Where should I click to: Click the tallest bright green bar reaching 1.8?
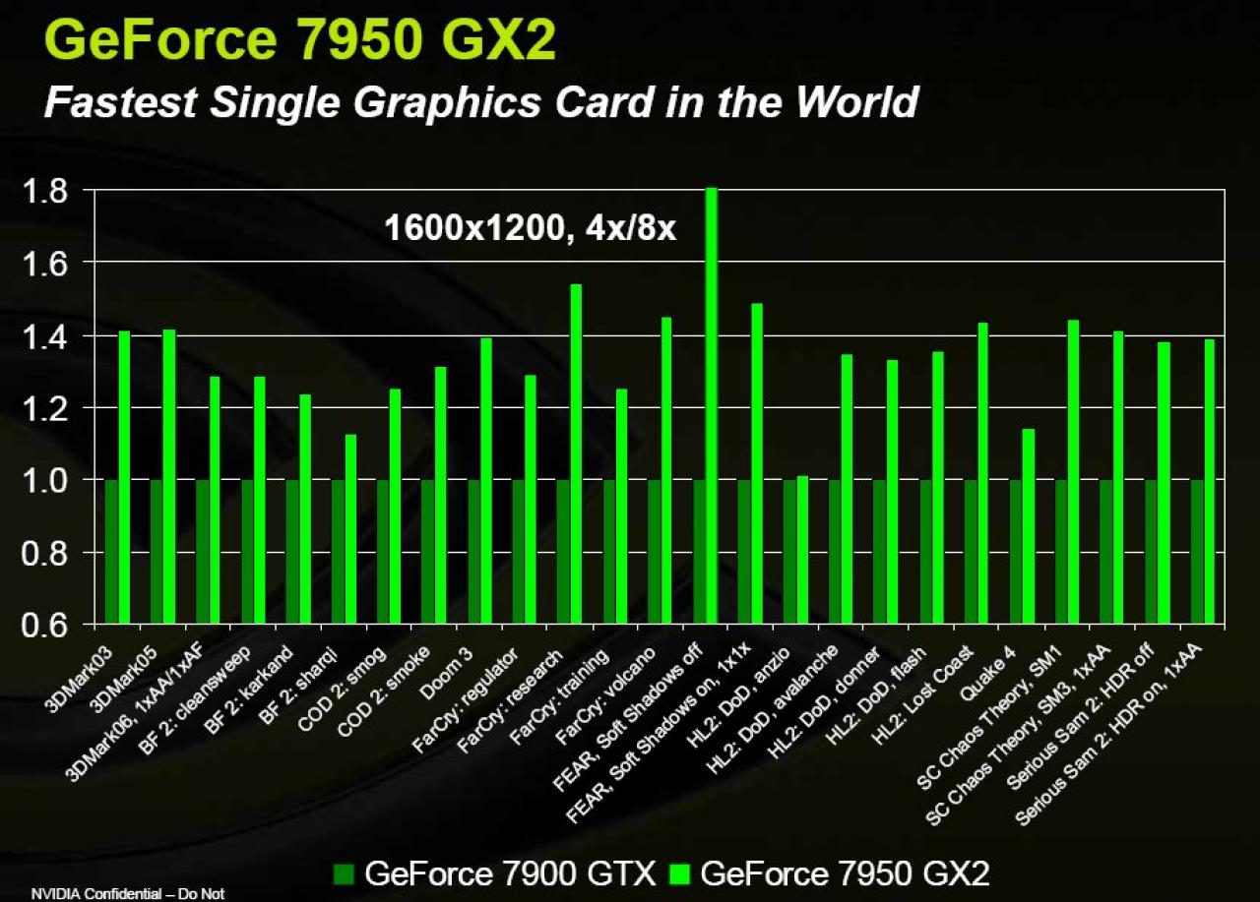point(712,405)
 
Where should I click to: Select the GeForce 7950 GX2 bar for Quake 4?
point(1029,526)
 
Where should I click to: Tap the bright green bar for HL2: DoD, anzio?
point(802,550)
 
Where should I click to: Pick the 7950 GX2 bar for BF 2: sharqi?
point(350,529)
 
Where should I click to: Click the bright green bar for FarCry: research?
point(576,453)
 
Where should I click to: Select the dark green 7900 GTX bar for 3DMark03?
point(111,551)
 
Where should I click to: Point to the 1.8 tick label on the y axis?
point(44,191)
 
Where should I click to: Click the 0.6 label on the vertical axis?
point(44,625)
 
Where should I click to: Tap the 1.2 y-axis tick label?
point(44,408)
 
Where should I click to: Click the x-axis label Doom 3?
point(447,673)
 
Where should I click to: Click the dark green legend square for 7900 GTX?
point(344,873)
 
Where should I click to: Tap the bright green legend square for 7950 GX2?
point(679,873)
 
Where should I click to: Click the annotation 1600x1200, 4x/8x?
point(530,229)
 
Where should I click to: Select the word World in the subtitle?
point(857,101)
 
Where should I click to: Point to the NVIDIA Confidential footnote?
point(128,893)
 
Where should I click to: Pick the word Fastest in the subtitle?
point(120,101)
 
